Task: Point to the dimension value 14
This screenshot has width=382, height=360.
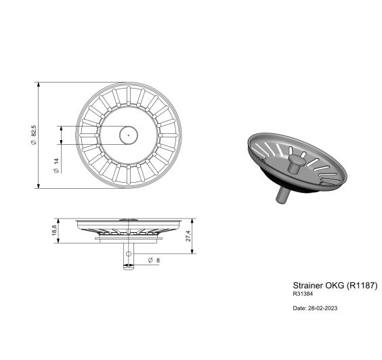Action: coord(56,163)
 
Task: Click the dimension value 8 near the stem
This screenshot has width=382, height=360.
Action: coord(158,261)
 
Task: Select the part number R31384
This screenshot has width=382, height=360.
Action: coord(303,294)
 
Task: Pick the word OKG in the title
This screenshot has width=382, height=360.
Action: coord(335,286)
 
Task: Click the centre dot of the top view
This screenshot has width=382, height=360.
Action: coord(128,135)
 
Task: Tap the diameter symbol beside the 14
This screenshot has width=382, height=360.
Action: coord(56,171)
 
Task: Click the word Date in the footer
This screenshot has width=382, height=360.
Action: coord(299,308)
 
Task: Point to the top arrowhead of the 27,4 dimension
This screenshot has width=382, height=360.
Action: coord(194,221)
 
